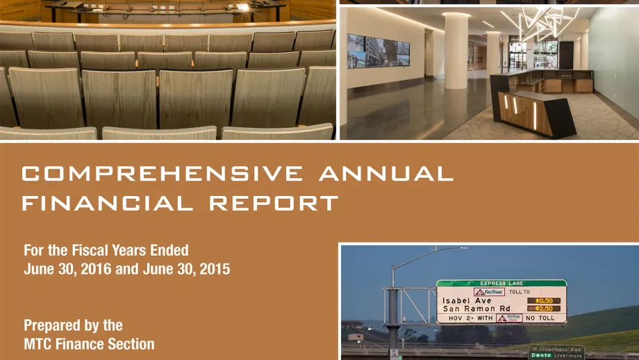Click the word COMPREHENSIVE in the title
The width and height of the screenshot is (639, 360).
tap(163, 173)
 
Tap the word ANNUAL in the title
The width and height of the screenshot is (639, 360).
tap(386, 173)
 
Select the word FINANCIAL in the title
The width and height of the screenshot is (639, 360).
tap(108, 203)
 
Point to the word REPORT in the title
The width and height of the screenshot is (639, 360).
tap(274, 203)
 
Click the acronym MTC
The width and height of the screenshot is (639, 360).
tap(38, 344)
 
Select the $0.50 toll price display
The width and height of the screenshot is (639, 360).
tap(544, 300)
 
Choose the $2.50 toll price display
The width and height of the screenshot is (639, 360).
tap(544, 309)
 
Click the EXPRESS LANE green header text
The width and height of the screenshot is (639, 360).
tap(501, 283)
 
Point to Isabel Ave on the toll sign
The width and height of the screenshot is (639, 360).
tap(467, 300)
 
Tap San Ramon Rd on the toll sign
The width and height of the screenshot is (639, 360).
tap(476, 309)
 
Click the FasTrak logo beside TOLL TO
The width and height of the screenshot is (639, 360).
tap(489, 292)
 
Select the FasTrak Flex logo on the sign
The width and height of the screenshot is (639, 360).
tap(509, 318)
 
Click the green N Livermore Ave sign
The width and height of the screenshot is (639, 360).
tap(556, 352)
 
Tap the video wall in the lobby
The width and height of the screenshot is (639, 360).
tap(378, 51)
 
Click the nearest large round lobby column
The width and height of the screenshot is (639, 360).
tap(456, 51)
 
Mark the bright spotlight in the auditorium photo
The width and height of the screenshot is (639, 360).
tap(243, 7)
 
